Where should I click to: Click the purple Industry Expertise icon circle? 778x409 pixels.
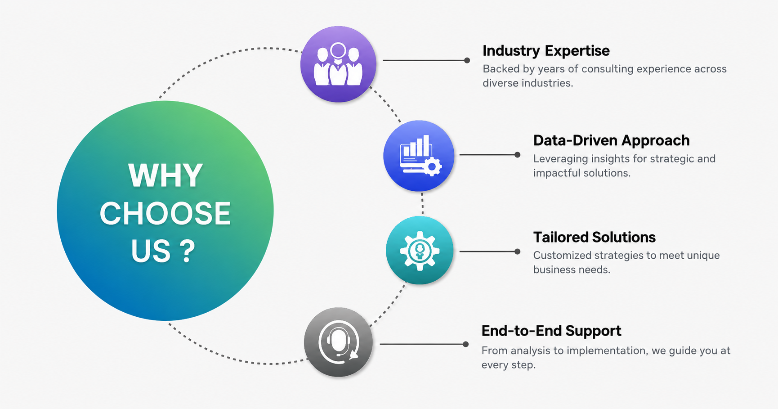click(x=338, y=64)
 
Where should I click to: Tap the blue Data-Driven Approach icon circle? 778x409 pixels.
click(x=419, y=156)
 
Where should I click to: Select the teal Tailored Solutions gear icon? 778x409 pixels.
click(x=420, y=250)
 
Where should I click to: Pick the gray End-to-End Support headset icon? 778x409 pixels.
click(x=339, y=342)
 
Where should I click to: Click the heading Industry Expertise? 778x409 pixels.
click(x=546, y=51)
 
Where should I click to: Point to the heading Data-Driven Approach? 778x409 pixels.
click(x=611, y=140)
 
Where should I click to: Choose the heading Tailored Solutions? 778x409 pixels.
click(x=594, y=237)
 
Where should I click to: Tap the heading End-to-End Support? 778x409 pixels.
click(x=551, y=331)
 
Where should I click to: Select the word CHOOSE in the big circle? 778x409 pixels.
click(x=165, y=213)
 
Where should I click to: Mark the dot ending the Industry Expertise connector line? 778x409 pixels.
click(x=467, y=60)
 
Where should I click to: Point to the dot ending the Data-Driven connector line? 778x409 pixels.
click(x=517, y=155)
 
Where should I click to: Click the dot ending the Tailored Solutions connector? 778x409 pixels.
click(x=517, y=252)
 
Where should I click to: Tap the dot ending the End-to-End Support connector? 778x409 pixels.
click(x=465, y=344)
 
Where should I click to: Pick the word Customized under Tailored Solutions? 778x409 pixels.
click(x=562, y=256)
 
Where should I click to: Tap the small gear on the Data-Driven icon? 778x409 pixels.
click(x=432, y=167)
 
